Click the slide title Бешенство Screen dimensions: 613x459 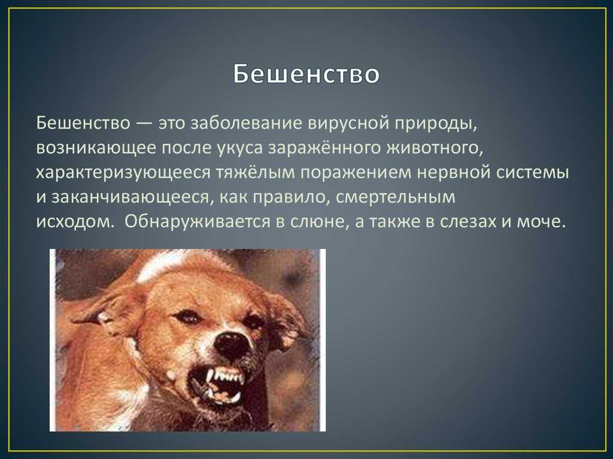(x=306, y=74)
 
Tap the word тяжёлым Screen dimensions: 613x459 (x=255, y=172)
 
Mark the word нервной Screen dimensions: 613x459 (x=454, y=172)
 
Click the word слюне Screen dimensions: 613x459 (x=320, y=222)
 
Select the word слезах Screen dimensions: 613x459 (x=468, y=222)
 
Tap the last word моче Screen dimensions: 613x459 (x=541, y=222)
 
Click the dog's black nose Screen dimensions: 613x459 (x=232, y=344)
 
